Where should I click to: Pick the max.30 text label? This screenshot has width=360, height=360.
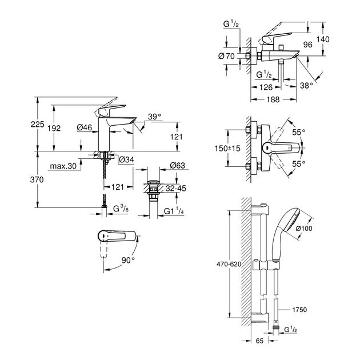click(x=63, y=167)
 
